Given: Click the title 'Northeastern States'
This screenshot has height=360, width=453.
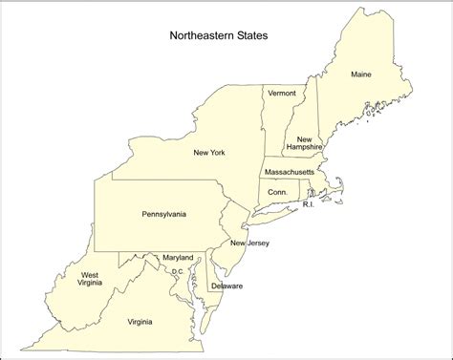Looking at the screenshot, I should [219, 37].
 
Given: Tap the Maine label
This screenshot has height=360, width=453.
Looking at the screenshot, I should [360, 74].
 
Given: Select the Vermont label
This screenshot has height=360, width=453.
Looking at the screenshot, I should [282, 93].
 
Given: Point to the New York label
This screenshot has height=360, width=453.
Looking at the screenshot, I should [210, 152].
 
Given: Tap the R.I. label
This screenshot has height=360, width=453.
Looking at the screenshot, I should [308, 205].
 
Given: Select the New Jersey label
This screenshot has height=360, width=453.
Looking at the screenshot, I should [249, 244].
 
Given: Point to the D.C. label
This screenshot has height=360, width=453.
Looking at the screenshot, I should [177, 272].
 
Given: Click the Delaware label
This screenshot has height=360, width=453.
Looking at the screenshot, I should [227, 286].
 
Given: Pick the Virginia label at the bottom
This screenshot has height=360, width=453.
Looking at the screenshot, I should [140, 322].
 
